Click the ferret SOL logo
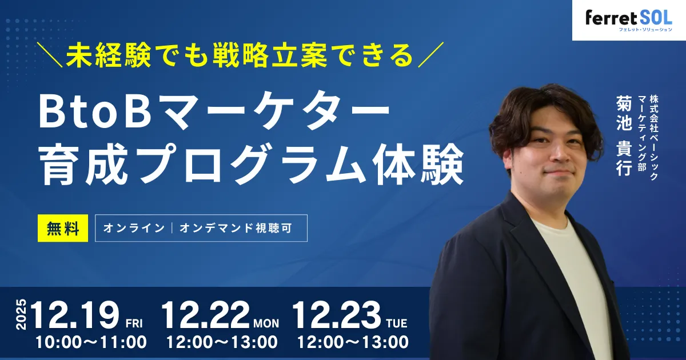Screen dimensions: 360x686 (629, 19)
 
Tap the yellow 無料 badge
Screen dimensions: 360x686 (63, 228)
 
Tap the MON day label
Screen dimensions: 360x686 (266, 323)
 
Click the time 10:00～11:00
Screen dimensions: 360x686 (91, 343)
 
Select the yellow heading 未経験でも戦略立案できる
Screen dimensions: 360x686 (239, 56)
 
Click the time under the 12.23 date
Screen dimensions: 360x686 (353, 343)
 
